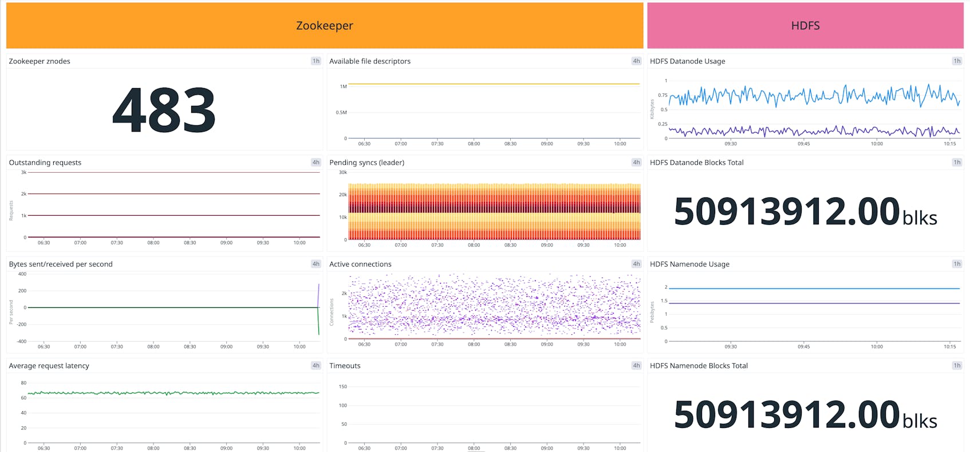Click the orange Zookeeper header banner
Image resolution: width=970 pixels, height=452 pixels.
(x=324, y=26)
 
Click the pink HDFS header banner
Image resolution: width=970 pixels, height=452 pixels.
(x=805, y=26)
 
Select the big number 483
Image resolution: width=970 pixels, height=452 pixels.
(x=164, y=110)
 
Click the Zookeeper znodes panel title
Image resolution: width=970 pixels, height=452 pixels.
(x=40, y=61)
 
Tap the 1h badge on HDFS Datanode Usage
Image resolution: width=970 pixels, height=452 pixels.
(x=956, y=61)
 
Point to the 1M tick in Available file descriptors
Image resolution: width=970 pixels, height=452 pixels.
(x=343, y=86)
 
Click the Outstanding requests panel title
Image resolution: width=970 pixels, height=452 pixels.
(x=45, y=162)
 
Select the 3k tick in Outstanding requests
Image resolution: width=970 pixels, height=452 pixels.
(x=23, y=172)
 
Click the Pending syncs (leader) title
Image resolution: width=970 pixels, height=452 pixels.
(x=366, y=162)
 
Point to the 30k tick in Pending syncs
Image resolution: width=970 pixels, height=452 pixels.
(x=342, y=172)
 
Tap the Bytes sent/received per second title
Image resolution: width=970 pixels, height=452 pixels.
(x=61, y=264)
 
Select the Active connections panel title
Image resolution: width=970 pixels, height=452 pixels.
(x=360, y=264)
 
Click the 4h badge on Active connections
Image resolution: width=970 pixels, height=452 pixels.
(x=636, y=264)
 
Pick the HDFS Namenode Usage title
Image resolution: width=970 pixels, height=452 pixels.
(x=689, y=264)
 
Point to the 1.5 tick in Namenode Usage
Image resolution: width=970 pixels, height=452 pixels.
(x=664, y=300)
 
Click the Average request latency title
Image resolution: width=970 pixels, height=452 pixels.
(x=49, y=366)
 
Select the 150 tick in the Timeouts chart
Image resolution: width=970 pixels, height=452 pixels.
(x=343, y=387)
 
